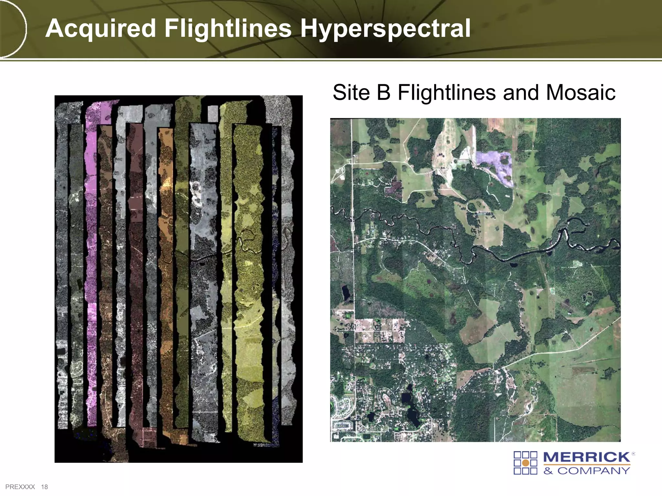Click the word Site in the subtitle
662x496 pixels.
click(351, 93)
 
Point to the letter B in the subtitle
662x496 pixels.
click(384, 93)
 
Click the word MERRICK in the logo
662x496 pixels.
click(586, 457)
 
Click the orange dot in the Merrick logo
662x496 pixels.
click(526, 463)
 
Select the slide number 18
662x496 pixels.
click(44, 487)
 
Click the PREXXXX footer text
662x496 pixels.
click(20, 487)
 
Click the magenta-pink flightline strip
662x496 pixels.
click(91, 258)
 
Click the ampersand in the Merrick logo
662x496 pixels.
click(548, 471)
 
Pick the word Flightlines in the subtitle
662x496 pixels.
click(447, 93)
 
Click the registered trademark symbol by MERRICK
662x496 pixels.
click(633, 454)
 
